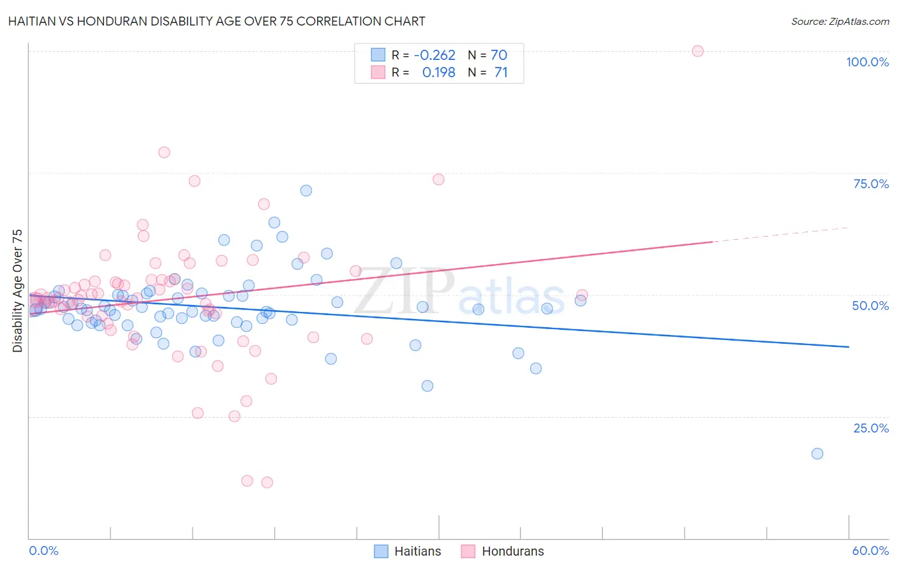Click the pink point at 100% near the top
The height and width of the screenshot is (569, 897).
click(697, 51)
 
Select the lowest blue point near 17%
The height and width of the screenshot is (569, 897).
click(817, 454)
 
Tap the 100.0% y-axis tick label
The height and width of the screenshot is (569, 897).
click(867, 62)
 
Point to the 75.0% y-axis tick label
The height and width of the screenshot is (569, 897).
click(871, 184)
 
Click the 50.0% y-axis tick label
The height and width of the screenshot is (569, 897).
click(870, 306)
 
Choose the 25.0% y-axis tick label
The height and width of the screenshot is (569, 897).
click(871, 428)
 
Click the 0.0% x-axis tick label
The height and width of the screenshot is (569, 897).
click(43, 551)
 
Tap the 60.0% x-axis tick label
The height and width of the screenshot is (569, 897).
click(870, 551)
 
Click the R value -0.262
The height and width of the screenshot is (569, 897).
click(434, 55)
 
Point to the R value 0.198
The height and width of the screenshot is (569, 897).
click(438, 73)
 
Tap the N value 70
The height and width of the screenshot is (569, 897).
click(499, 55)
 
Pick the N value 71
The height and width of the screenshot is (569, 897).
click(501, 73)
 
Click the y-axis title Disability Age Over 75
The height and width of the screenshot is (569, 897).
click(18, 291)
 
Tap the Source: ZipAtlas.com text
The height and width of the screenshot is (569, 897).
click(840, 21)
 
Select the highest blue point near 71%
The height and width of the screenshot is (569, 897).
click(306, 191)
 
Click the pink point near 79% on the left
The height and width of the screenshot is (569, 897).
click(164, 152)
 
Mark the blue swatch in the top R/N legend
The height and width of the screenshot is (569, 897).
click(378, 55)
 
